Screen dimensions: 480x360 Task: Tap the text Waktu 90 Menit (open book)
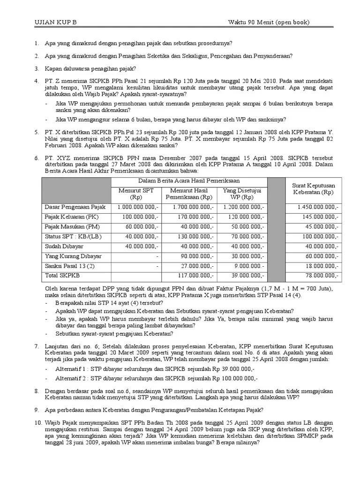click(x=269, y=22)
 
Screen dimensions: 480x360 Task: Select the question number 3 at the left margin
click(x=36, y=68)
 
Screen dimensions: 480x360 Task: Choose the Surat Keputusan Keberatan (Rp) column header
click(x=313, y=189)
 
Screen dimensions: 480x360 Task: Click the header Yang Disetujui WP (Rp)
click(x=242, y=194)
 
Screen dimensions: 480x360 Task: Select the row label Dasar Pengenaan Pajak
click(x=75, y=207)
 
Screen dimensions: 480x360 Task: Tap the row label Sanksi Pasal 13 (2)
click(x=69, y=266)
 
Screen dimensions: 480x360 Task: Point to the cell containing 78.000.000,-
click(x=321, y=276)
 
